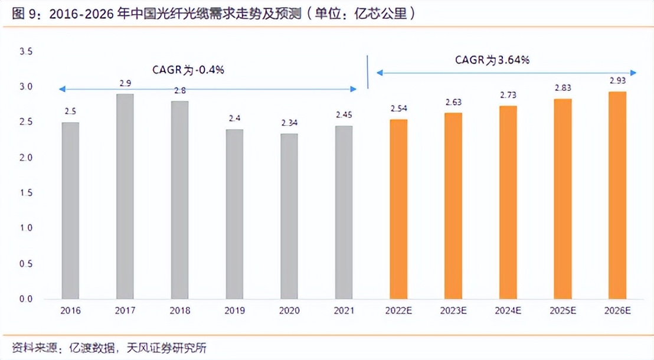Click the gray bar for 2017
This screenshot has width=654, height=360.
125,196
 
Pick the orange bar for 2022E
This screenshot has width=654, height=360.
398,209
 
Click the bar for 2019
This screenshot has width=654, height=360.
234,214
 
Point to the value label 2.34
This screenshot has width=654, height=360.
289,123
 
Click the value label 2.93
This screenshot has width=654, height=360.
617,80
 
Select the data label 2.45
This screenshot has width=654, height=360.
344,114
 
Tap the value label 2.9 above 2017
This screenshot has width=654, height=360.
125,83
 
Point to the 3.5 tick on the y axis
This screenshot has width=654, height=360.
26,52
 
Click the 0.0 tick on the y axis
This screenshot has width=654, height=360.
26,299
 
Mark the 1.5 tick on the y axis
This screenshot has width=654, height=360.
26,193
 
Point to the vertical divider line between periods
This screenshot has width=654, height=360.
368,72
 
